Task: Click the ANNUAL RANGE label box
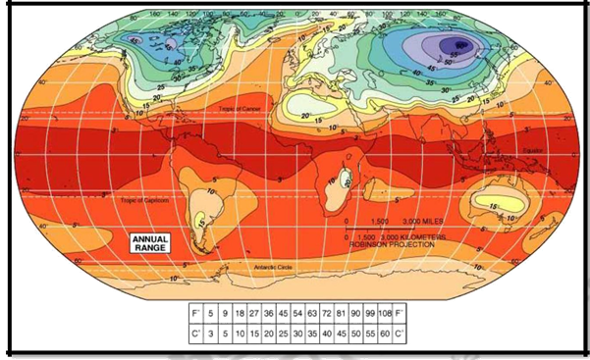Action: [x=150, y=241]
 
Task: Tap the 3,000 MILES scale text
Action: [x=417, y=222]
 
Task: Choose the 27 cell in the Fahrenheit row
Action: [x=255, y=313]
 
